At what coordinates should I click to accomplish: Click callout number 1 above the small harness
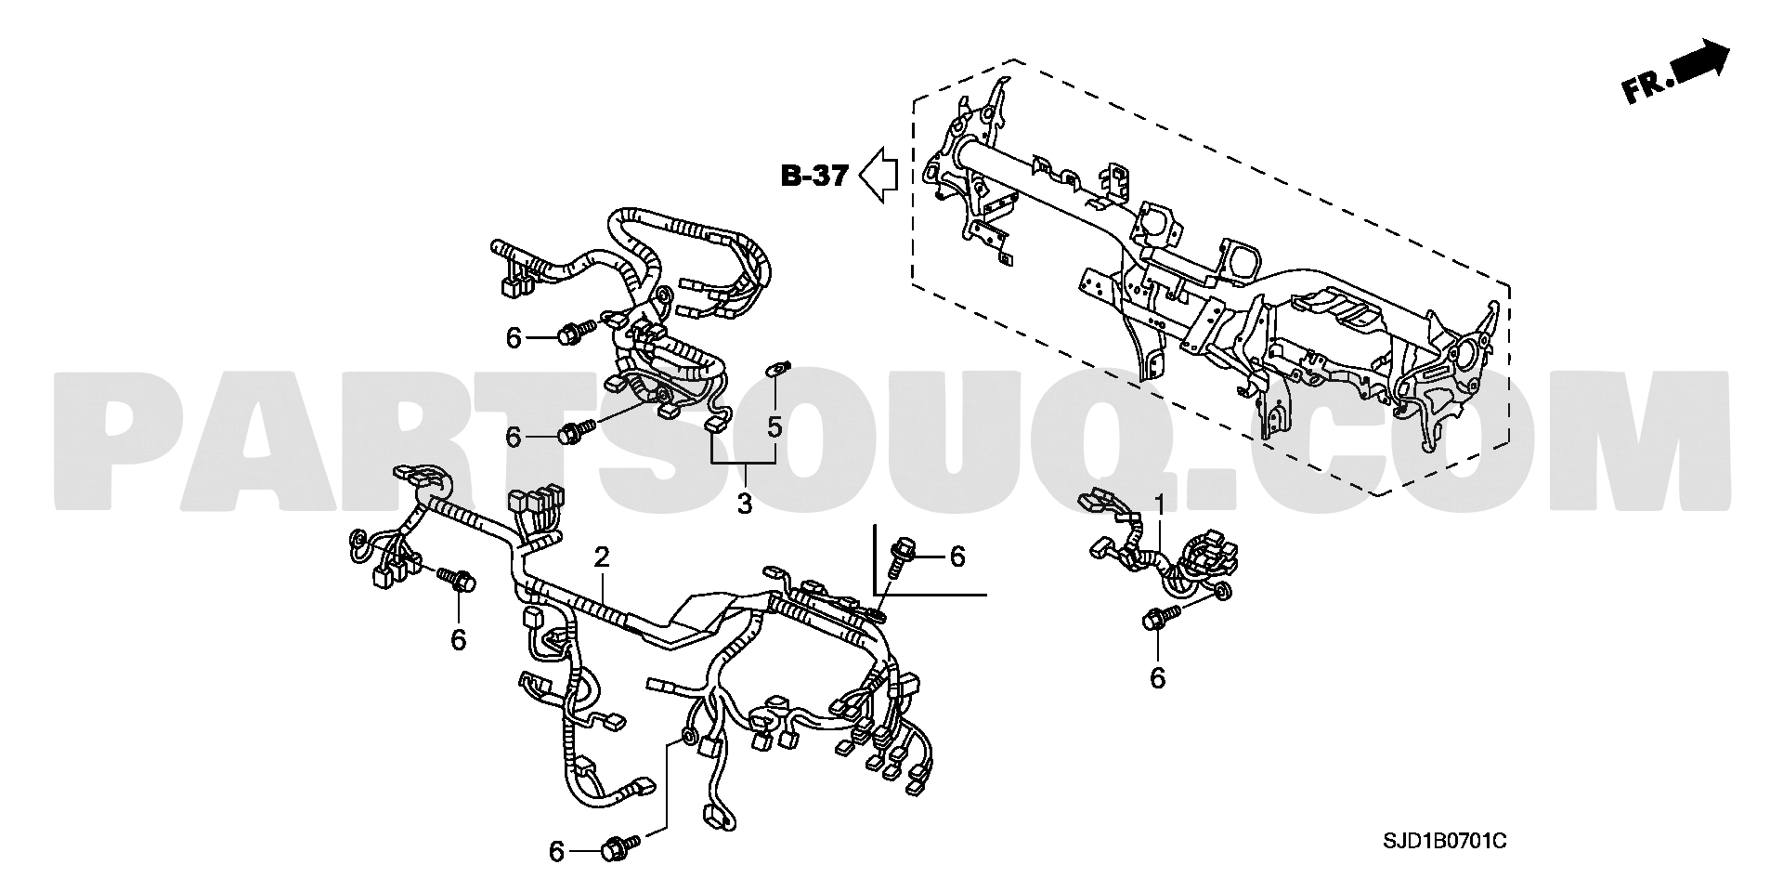(x=1159, y=504)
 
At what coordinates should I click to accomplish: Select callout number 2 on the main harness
(x=602, y=557)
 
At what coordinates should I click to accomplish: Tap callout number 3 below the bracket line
(x=743, y=504)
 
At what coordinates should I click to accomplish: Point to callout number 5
(x=774, y=427)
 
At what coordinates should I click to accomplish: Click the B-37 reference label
(x=814, y=175)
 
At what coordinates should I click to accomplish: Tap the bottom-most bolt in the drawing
(x=623, y=847)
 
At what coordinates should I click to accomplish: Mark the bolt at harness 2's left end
(x=458, y=580)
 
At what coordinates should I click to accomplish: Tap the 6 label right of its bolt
(x=957, y=557)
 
